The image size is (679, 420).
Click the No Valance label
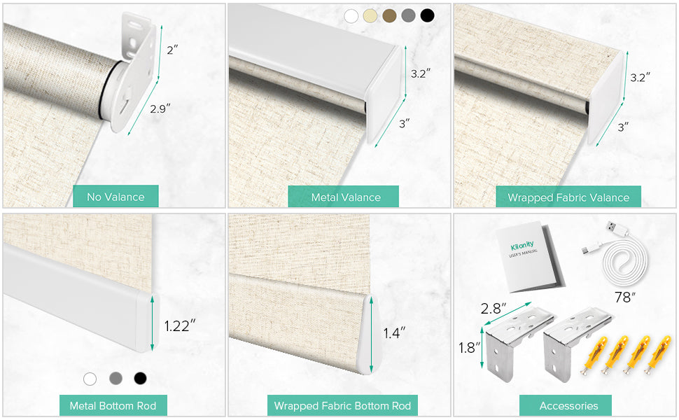tap(115, 197)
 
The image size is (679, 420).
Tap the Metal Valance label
tap(346, 197)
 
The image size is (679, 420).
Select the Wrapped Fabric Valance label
tap(568, 197)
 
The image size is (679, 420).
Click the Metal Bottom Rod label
tap(113, 406)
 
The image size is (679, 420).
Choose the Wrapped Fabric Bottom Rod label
tap(342, 406)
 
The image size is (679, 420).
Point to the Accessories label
tap(568, 406)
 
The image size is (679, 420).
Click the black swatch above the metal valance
tap(427, 15)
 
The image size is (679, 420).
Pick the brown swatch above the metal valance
tap(389, 15)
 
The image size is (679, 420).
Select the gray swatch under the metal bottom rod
tap(115, 379)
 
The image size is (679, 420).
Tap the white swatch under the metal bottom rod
tap(90, 379)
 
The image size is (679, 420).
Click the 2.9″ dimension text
tap(160, 108)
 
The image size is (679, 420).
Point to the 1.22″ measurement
tap(180, 325)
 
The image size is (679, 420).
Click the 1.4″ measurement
tap(394, 332)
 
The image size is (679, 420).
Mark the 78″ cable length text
tap(625, 297)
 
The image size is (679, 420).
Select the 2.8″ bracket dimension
tap(493, 308)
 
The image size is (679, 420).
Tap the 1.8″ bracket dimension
tap(470, 347)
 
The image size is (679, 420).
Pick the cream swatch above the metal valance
tap(370, 15)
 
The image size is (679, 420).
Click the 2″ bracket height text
tap(172, 50)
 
